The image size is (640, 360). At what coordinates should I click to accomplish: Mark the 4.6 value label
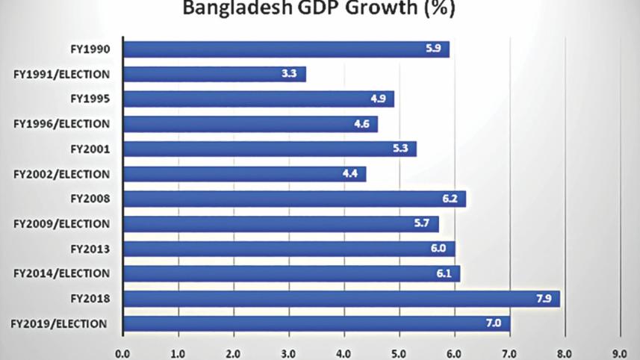click(362, 124)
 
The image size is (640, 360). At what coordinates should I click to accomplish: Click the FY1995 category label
click(90, 99)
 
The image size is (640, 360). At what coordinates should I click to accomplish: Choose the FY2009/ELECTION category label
click(62, 223)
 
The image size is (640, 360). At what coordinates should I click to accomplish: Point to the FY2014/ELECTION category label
click(62, 273)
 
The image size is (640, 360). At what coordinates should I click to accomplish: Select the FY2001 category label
click(90, 149)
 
